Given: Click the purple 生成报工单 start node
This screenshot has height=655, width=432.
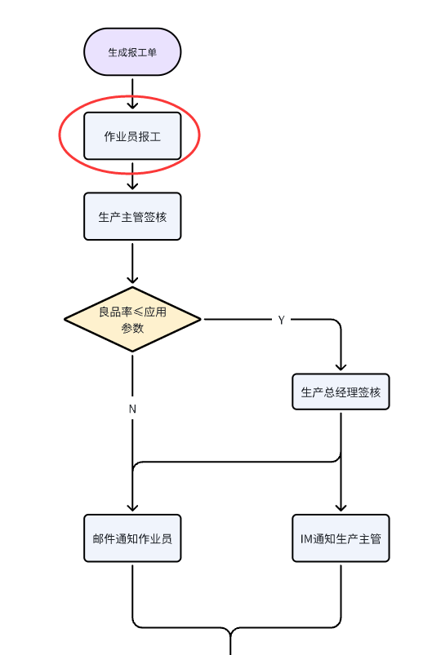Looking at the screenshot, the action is point(132,52).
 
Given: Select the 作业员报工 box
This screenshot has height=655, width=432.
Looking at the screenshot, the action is point(132,135).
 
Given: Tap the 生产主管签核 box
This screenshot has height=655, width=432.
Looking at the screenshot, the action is point(132,216).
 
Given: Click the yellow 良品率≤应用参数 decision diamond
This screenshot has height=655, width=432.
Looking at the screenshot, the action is point(132,319).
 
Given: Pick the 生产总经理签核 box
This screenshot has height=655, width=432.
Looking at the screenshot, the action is point(341,392).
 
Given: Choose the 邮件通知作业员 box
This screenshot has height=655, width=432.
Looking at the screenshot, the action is point(132,538).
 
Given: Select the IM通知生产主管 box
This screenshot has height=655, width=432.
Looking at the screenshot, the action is point(341,538).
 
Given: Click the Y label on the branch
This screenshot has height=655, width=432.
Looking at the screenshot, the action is point(281,320).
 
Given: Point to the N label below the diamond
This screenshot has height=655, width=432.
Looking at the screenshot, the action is point(132,409).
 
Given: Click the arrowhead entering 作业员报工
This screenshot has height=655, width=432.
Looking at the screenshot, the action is point(132,105).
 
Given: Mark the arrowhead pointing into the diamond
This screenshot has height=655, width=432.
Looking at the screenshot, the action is point(132,280).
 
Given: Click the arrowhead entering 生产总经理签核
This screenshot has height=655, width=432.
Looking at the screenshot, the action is point(341,367).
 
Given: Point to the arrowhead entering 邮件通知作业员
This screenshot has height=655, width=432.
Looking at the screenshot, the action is point(132,507).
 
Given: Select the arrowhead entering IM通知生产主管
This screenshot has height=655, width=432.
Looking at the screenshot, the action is point(341,507).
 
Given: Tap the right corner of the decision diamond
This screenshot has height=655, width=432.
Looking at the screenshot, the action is point(201,319).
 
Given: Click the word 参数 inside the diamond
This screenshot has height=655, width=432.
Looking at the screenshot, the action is point(132,328).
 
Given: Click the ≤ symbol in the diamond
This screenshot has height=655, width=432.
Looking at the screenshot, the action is point(137,312).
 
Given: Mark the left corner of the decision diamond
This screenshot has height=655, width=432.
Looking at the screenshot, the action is point(65,319).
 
